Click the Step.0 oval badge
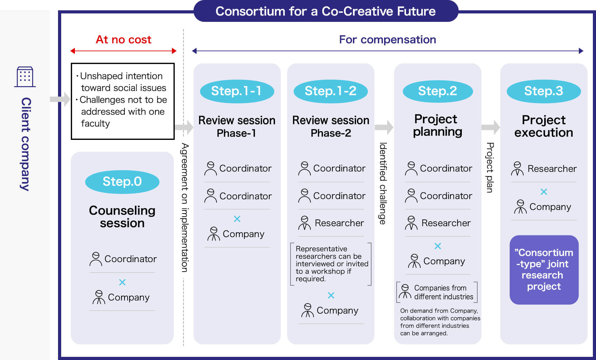[122, 182]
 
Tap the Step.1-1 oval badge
[237, 91]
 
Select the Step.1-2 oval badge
[330, 91]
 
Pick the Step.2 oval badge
[437, 91]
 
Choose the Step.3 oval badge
[544, 91]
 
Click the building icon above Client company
[25, 76]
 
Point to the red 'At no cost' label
[124, 40]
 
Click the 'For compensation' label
[388, 40]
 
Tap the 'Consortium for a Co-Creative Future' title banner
[326, 11]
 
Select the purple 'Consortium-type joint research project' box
[544, 270]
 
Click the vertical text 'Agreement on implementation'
[185, 208]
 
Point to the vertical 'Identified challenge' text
[383, 184]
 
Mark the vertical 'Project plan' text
[490, 168]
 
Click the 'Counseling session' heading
[122, 217]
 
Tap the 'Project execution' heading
[544, 126]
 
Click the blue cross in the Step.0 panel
[122, 282]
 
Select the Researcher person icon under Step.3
[517, 169]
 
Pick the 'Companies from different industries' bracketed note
[437, 292]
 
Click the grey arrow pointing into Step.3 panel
[491, 127]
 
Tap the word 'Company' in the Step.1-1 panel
[243, 234]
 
